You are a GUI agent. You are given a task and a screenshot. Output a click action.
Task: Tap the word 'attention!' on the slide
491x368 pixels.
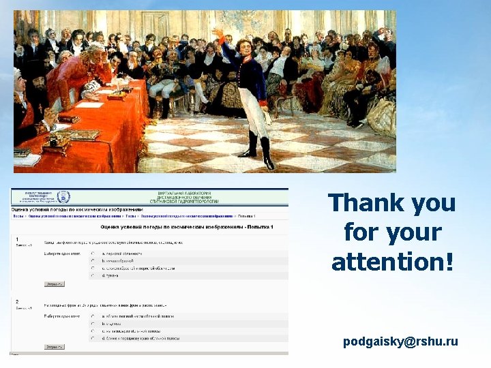pos(391,262)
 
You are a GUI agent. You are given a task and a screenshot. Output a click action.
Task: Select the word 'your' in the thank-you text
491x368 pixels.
pos(415,232)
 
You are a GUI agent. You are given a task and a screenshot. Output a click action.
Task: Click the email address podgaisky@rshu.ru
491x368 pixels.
pos(400,341)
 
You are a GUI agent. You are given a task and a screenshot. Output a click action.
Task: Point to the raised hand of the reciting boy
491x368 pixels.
pos(218,32)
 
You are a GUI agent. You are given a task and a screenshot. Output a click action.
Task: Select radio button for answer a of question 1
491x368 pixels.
pos(93,253)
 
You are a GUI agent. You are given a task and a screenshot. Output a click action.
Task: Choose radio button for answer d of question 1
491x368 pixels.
pos(93,275)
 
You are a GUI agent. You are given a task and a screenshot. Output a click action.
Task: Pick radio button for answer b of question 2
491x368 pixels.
pos(93,323)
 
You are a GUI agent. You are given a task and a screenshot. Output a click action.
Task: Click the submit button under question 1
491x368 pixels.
pos(55,284)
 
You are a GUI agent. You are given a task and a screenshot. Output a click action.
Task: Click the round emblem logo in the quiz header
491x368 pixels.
pos(64,196)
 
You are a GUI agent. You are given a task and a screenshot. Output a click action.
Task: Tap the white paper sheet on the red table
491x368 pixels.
pos(89,105)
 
